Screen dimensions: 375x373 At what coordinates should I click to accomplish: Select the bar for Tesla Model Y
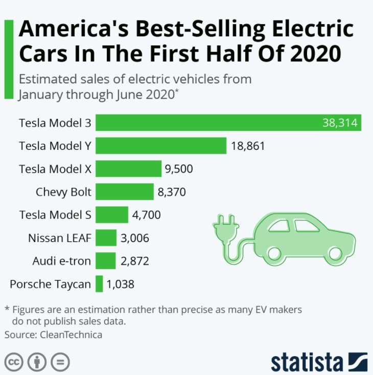[x=161, y=146]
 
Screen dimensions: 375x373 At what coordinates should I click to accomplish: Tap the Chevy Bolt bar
[x=125, y=192]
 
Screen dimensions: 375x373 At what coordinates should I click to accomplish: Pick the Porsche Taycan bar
[x=99, y=283]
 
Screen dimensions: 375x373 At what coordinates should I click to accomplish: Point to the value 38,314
[x=339, y=123]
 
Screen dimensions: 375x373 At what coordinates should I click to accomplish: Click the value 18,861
[x=248, y=146]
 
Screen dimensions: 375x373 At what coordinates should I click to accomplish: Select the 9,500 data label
[x=179, y=169]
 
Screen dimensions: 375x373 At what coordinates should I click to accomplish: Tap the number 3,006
[x=135, y=238]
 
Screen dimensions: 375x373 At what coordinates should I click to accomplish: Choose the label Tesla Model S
[x=55, y=215]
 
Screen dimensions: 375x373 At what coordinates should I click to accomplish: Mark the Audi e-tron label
[x=61, y=261]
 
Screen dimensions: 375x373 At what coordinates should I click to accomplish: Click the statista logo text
[x=307, y=361]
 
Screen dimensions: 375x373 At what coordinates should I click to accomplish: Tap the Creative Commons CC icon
[x=14, y=362]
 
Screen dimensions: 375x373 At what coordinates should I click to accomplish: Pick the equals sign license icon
[x=60, y=362]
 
